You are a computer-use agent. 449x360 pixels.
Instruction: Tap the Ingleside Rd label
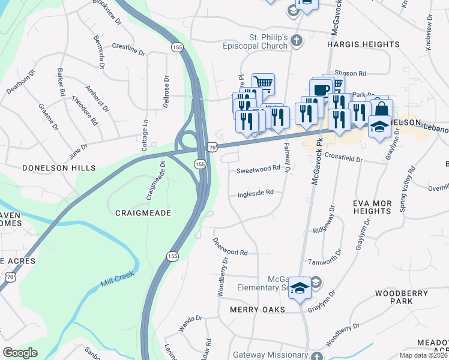pos(256,193)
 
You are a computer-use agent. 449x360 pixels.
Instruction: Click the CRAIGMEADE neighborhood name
pos(143,213)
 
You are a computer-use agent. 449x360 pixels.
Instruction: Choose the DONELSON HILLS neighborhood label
pos(51,169)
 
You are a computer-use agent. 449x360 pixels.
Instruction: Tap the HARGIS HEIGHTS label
pos(363,45)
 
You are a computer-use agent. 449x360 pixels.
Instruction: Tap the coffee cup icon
pos(321,91)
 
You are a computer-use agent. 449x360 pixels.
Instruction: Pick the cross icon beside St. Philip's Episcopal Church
pos(295,41)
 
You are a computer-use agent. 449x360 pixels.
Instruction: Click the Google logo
pos(20,352)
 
